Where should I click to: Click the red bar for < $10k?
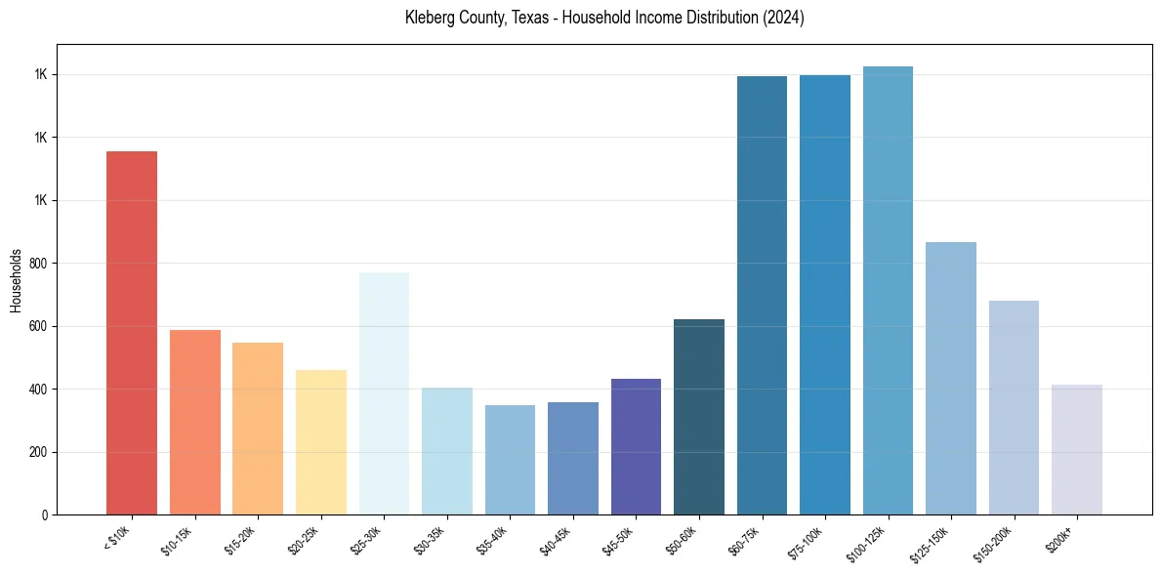[132, 333]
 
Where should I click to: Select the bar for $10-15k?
[195, 422]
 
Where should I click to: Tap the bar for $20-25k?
[321, 442]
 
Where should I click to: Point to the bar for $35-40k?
[510, 460]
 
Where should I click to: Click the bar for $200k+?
[1077, 449]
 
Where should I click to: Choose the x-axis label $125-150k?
[933, 542]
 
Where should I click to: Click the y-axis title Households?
[16, 280]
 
